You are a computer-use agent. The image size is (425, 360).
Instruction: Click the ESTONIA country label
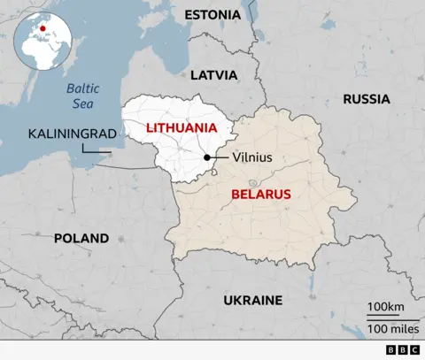point(212,14)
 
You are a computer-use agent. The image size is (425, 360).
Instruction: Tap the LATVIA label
point(214,75)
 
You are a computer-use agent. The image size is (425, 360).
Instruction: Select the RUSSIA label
point(367,99)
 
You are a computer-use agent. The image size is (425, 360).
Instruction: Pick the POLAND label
point(81,238)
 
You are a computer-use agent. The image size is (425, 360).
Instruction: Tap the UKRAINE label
point(253,300)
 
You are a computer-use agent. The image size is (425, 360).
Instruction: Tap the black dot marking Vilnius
point(207,157)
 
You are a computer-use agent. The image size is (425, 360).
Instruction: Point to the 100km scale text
point(386,307)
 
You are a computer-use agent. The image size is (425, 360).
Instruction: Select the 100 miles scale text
point(389,329)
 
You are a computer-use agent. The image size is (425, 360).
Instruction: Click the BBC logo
point(403,350)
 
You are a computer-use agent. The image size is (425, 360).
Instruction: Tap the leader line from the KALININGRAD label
point(95,151)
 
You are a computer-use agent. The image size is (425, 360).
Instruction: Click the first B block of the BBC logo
point(392,350)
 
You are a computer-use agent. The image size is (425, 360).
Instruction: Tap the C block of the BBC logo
point(414,350)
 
